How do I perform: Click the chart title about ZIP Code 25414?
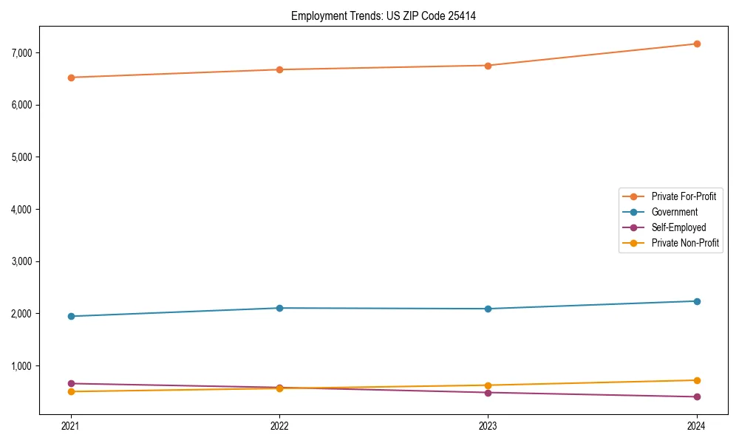click(x=383, y=16)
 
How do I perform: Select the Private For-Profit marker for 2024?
click(x=697, y=44)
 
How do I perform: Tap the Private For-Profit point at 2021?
click(x=71, y=78)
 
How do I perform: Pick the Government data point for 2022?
click(x=279, y=308)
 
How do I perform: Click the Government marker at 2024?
click(x=697, y=301)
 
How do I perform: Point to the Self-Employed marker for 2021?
click(x=71, y=383)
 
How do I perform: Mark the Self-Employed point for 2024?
click(x=697, y=396)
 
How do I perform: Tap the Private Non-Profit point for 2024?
click(x=697, y=380)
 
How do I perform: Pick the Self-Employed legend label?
click(x=678, y=227)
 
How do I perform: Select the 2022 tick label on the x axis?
click(x=279, y=425)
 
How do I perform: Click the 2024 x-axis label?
click(x=697, y=425)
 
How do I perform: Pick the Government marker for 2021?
click(x=71, y=316)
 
